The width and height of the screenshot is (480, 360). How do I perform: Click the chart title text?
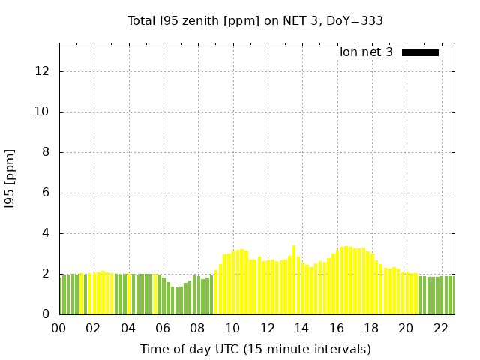tap(255, 20)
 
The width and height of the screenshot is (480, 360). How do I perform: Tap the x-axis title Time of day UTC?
tap(255, 349)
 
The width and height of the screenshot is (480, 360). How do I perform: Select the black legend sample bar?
tap(420, 52)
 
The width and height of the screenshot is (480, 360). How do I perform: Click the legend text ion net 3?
tap(366, 52)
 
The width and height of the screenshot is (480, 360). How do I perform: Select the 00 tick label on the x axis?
tap(59, 328)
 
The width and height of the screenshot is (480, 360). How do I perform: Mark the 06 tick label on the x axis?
tap(163, 328)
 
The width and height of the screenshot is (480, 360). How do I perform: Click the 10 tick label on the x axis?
tap(232, 328)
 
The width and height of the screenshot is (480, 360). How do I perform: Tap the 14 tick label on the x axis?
tap(301, 328)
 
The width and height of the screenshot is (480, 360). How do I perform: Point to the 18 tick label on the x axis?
tap(371, 328)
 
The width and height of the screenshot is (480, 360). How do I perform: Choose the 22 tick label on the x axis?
tap(440, 328)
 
